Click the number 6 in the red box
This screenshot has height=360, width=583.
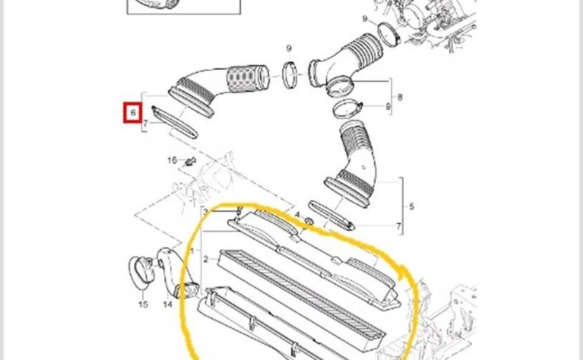click(x=132, y=113)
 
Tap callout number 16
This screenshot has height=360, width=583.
click(x=172, y=160)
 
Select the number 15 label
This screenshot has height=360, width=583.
click(x=143, y=305)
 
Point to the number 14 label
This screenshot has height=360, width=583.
click(x=168, y=305)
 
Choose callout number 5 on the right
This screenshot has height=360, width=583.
click(x=411, y=207)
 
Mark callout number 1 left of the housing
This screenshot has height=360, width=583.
click(x=193, y=250)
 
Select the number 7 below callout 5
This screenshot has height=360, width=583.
click(x=399, y=227)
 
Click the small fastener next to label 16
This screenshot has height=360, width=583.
click(x=191, y=161)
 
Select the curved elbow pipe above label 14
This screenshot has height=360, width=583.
click(x=170, y=270)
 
